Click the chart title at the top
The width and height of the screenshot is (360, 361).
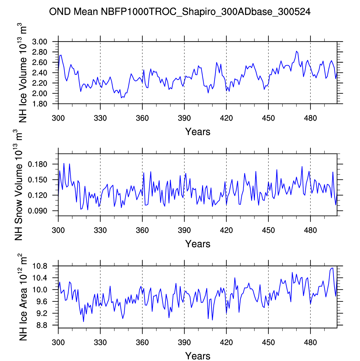pyautogui.click(x=180, y=12)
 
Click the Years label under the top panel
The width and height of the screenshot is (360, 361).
pyautogui.click(x=198, y=132)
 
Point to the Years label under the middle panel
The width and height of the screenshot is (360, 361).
pyautogui.click(x=198, y=244)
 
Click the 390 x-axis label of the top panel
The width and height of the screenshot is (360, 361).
pyautogui.click(x=184, y=118)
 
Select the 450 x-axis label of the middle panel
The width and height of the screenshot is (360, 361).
pyautogui.click(x=268, y=230)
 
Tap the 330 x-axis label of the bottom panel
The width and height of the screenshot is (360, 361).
pyautogui.click(x=100, y=342)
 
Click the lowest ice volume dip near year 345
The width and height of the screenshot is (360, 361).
pyautogui.click(x=121, y=98)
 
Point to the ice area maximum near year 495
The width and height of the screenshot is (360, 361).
pyautogui.click(x=332, y=268)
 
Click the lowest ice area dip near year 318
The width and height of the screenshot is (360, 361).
pyautogui.click(x=83, y=321)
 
